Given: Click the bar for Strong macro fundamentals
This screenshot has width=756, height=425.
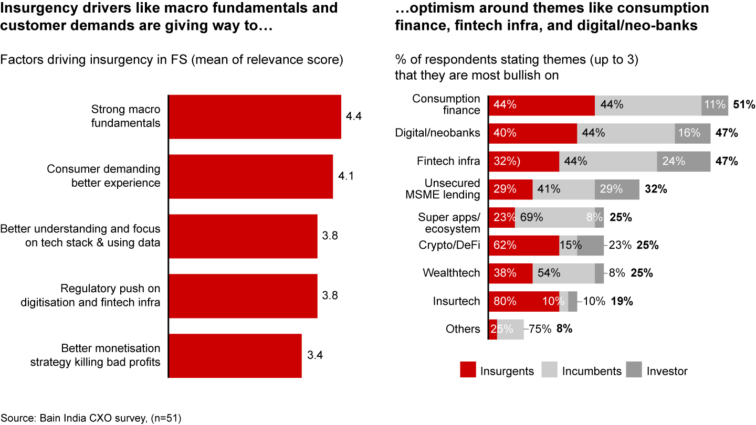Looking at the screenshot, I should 255,116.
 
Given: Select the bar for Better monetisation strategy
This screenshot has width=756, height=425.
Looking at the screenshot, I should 235,355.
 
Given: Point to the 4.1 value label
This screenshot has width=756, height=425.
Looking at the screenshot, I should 346,176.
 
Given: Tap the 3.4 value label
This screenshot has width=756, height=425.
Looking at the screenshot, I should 314,355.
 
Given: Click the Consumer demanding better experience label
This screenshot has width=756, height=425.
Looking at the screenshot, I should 103,176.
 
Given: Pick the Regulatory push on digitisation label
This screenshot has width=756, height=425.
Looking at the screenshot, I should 110,295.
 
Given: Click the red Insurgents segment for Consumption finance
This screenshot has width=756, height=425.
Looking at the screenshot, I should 542,105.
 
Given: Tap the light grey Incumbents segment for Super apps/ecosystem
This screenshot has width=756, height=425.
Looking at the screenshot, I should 554,217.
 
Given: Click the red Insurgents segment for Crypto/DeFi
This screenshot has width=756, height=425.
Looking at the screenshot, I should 524,245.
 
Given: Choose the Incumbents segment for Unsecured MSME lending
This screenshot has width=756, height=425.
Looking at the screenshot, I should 563,189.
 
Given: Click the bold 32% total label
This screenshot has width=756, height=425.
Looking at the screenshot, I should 656,189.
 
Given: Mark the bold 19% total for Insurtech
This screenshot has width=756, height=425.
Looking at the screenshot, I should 622,301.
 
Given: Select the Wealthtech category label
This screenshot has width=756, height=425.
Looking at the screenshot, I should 451,273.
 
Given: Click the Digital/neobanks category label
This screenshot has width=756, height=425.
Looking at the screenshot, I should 437,133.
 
